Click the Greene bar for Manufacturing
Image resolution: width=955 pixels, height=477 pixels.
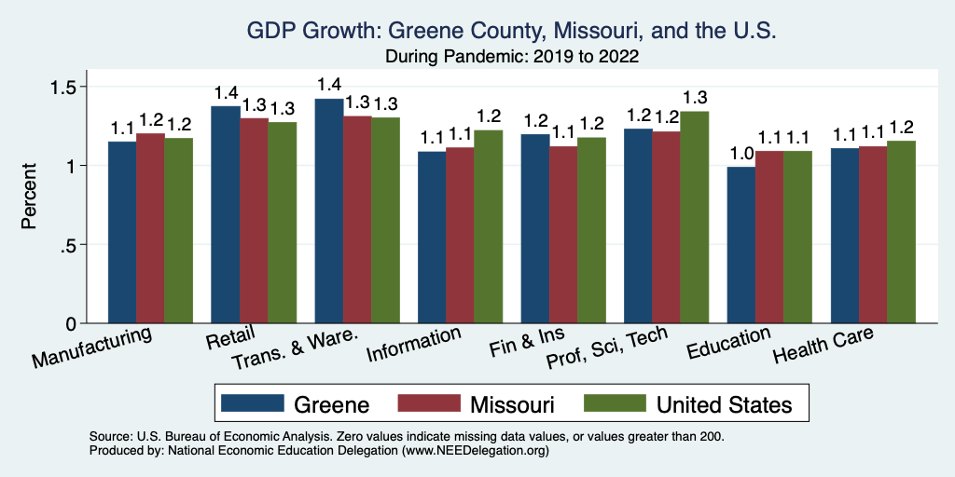(122, 233)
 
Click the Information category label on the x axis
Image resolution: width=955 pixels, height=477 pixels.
(413, 345)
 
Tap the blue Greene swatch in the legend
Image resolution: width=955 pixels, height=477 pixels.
(252, 403)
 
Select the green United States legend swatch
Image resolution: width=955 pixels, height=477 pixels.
(614, 403)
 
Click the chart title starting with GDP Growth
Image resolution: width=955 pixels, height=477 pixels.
(511, 32)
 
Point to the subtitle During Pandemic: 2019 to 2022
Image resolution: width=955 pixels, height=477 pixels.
(511, 56)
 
